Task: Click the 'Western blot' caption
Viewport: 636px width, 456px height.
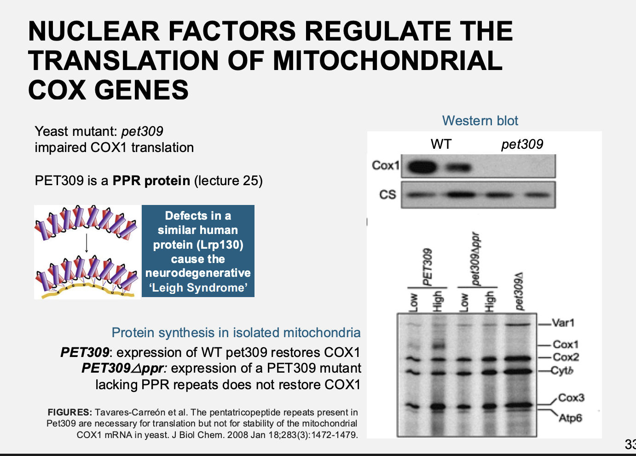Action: (480, 121)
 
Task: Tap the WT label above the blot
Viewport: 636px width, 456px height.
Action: (441, 144)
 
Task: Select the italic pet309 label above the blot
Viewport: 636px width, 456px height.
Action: (522, 144)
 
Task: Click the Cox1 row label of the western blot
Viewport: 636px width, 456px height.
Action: (385, 165)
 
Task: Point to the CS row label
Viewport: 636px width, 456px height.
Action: (387, 195)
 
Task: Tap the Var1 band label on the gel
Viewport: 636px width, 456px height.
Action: (563, 323)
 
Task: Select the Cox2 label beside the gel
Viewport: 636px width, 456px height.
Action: (566, 357)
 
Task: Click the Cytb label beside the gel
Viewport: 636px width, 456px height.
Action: (562, 370)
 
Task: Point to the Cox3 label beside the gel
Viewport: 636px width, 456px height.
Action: (571, 398)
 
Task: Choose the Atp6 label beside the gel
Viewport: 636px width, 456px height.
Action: (570, 418)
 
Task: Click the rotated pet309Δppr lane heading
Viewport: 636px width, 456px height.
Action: (476, 259)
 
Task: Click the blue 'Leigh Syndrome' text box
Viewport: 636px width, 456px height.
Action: (198, 251)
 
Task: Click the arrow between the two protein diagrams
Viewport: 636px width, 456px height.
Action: (87, 243)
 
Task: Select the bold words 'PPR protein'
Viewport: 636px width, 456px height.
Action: (151, 181)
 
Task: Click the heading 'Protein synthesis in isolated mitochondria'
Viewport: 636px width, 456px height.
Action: (236, 333)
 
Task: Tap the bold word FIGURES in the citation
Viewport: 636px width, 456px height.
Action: (69, 412)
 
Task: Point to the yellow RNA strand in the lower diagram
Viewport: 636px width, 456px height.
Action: (87, 290)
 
